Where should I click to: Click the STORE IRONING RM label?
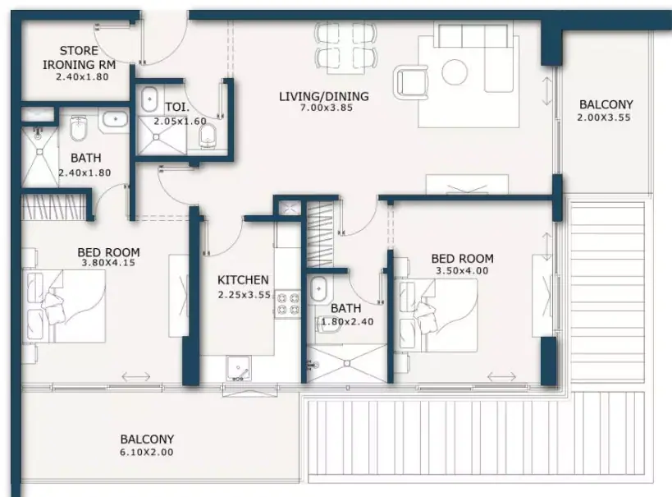(79, 58)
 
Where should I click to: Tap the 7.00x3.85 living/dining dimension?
(327, 108)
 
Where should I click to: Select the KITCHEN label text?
(243, 280)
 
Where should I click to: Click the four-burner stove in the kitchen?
(288, 303)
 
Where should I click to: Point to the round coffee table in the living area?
(455, 71)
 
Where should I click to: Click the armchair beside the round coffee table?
(411, 82)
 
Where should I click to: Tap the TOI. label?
(177, 107)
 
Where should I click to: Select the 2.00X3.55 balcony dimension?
(603, 117)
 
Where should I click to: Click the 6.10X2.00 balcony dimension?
(147, 453)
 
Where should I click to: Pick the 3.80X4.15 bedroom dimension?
(108, 263)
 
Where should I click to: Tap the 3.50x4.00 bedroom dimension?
(462, 271)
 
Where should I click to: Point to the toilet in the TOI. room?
(208, 137)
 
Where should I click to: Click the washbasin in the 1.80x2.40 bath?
(318, 289)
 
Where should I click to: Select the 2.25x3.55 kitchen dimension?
(245, 295)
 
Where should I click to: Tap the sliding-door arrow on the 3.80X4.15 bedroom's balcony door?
(136, 377)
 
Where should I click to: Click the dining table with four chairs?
(346, 44)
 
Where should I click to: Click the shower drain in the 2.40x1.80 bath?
(40, 151)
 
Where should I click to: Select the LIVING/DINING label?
(324, 96)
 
